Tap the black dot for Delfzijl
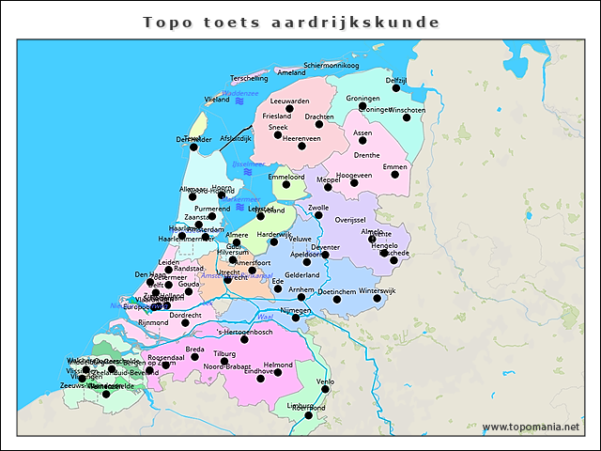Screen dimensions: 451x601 [x=396, y=88]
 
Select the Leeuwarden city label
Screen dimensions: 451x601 [x=289, y=101]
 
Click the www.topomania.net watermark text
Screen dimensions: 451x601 [x=531, y=428]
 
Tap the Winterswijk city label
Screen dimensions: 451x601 [x=378, y=291]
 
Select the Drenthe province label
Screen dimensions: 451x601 [x=366, y=155]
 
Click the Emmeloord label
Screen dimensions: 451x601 [x=285, y=176]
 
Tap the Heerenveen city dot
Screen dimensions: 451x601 [x=301, y=146]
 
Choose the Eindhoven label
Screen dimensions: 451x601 [x=260, y=372]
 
